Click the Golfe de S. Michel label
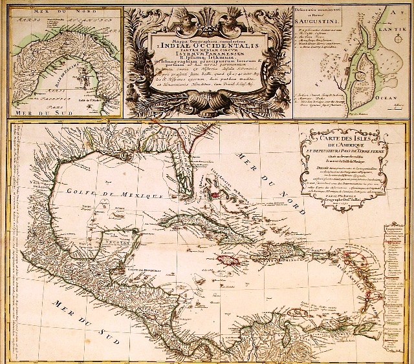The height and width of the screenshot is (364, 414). (85, 96)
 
